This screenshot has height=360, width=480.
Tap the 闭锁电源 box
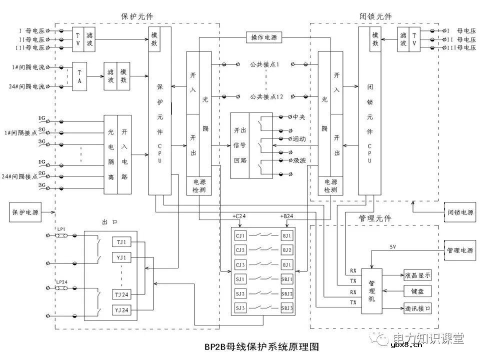(x=459, y=212)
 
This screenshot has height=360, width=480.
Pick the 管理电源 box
(x=459, y=249)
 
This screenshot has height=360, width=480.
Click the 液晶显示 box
(x=417, y=275)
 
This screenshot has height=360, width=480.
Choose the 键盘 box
(x=417, y=291)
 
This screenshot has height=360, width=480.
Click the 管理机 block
(x=371, y=291)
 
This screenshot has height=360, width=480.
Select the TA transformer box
(x=79, y=76)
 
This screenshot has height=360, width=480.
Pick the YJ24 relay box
(x=121, y=310)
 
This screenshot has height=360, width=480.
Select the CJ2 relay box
(x=241, y=249)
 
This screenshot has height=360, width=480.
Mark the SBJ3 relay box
(x=287, y=307)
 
